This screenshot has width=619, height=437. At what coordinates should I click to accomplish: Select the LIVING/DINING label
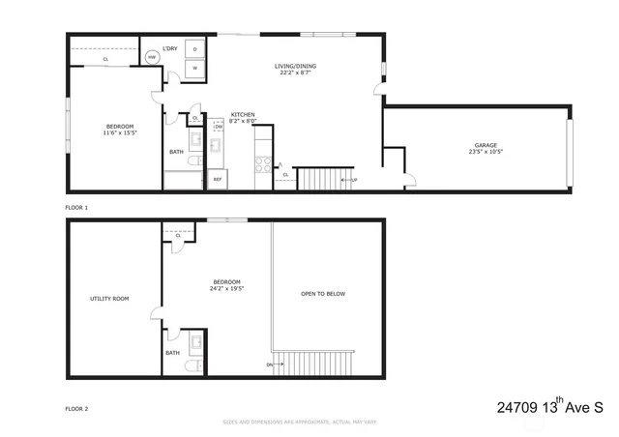point(295,66)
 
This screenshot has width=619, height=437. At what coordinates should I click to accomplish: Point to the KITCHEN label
point(242,115)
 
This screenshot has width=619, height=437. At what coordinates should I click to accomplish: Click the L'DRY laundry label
point(169,47)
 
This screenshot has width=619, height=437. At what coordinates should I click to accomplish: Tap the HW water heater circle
point(152,58)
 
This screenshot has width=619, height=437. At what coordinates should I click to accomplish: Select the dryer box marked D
point(195,48)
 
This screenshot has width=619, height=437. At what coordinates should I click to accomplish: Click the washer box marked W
point(195,68)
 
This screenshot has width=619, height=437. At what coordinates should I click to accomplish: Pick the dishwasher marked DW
point(219,127)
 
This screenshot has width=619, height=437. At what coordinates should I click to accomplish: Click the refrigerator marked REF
point(218,179)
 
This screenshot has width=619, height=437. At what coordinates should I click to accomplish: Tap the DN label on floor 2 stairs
point(269,364)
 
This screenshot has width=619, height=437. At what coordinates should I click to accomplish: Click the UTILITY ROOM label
point(109,298)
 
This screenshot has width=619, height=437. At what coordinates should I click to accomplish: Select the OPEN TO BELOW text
point(322,294)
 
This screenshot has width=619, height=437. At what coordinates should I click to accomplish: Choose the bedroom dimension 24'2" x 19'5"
point(226,288)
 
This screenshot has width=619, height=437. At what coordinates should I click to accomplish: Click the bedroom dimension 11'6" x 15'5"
point(120,132)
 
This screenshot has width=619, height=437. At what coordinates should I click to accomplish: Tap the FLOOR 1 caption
point(76,208)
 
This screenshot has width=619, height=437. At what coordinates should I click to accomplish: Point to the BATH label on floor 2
point(172,353)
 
